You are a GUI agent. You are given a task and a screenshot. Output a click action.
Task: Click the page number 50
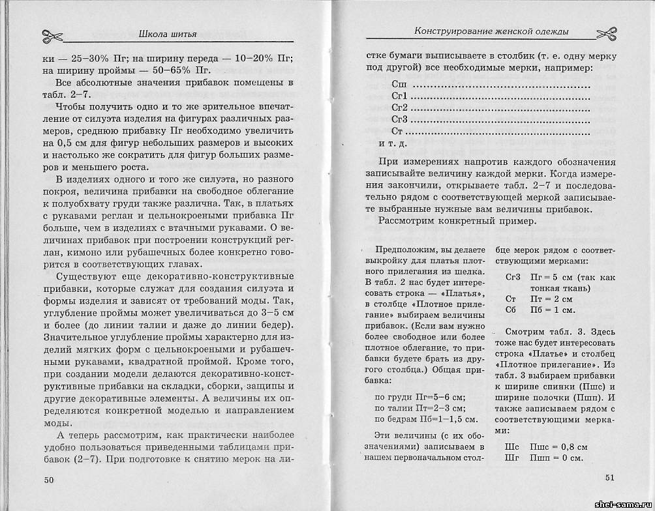(x=49, y=480)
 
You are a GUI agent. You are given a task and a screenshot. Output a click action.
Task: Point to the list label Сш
(x=399, y=85)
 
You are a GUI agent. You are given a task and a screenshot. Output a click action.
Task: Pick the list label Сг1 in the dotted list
(x=399, y=96)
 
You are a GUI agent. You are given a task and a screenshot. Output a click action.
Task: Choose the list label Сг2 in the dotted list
(x=399, y=108)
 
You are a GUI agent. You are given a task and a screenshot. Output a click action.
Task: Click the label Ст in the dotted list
(x=398, y=132)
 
